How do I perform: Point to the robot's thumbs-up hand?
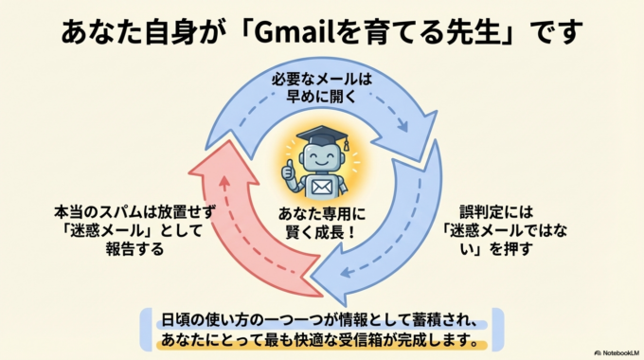click(x=289, y=171)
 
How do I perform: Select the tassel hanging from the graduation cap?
click(x=346, y=144)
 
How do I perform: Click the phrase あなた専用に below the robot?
click(x=321, y=214)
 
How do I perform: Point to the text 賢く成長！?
click(x=321, y=233)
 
